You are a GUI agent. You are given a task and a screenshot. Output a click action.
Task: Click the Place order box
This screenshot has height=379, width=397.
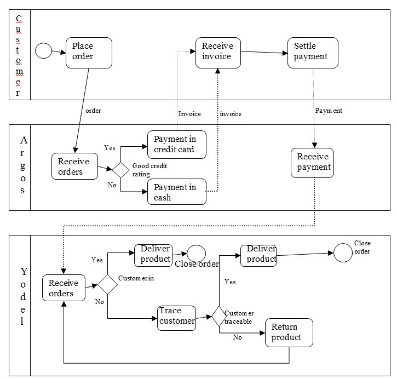tap(89, 53)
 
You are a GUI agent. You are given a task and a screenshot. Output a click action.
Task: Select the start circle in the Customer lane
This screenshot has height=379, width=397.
tap(43, 51)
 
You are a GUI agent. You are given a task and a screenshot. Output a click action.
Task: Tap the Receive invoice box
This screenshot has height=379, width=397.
tap(217, 53)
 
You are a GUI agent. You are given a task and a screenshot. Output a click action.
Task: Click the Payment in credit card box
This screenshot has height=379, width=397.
tap(176, 145)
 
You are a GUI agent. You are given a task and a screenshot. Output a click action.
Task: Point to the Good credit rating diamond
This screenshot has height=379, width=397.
tap(120, 170)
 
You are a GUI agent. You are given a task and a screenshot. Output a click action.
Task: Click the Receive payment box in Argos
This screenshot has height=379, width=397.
tap(313, 163)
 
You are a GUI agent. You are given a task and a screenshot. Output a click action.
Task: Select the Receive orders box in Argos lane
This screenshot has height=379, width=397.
tap(74, 166)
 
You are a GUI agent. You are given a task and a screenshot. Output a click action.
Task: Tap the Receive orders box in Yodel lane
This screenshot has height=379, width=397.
tap(64, 288)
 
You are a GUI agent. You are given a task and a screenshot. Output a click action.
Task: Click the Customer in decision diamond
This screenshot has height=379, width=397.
tap(107, 285)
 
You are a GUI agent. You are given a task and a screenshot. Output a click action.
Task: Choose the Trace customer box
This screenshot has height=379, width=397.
tap(177, 317)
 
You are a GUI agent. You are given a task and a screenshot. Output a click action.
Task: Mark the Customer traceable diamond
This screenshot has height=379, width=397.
tap(219, 317)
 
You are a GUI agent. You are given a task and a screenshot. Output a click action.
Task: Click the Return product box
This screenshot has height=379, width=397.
tap(290, 333)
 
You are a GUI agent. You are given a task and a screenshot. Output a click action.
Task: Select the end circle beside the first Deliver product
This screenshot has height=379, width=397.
tap(196, 254)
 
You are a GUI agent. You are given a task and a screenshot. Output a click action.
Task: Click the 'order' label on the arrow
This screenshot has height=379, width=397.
tap(94, 111)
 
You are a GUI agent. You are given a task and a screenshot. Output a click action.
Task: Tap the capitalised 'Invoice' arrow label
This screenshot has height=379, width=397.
tap(190, 114)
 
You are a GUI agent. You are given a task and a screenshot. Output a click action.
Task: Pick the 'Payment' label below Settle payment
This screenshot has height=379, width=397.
tap(329, 111)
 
